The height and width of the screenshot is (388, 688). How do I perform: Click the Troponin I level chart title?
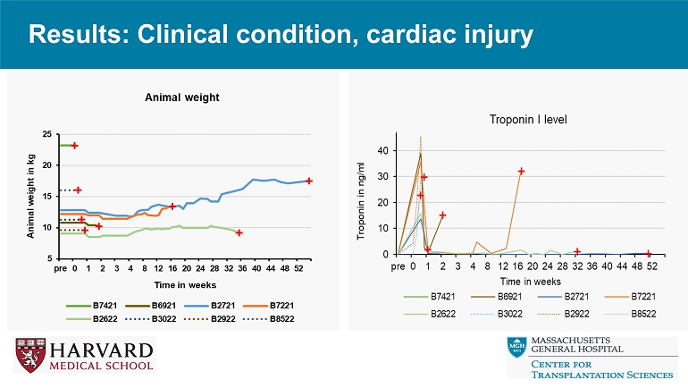(x=528, y=119)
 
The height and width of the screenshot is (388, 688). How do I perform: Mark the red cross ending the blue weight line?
(x=309, y=181)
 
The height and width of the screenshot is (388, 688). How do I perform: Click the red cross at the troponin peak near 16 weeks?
(x=521, y=171)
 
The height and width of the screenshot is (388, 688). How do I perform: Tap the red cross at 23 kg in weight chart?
(x=75, y=145)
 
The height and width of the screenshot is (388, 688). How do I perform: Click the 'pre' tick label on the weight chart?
(x=60, y=267)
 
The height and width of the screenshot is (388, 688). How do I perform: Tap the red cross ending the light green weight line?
(x=239, y=232)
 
